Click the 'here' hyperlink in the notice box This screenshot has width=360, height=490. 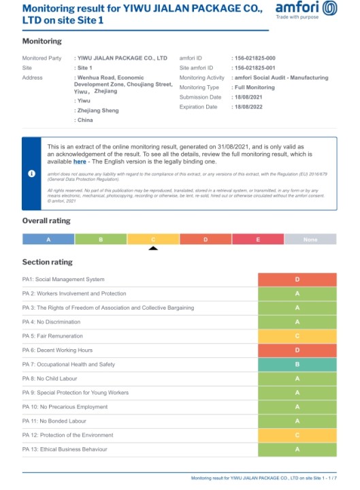point(80,161)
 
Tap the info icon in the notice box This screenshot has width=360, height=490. point(31,174)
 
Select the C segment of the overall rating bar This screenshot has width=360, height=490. point(153,239)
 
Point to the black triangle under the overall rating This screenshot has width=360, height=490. point(153,248)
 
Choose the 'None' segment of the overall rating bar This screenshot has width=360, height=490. point(310,239)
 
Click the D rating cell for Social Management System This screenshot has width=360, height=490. point(297,279)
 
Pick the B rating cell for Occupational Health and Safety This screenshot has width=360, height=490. point(297,364)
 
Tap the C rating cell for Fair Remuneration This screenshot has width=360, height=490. point(297,336)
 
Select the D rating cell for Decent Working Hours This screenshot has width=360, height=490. point(297,350)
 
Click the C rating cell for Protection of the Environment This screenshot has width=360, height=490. point(297,435)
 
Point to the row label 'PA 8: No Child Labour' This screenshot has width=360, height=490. point(52,378)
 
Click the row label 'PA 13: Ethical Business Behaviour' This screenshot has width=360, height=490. point(65,449)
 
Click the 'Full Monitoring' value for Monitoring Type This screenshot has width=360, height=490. point(255,88)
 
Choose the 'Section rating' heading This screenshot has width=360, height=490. point(47,262)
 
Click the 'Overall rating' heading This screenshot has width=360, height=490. point(46,220)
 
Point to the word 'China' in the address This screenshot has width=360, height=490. point(84,120)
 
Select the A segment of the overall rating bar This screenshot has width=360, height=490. point(48,239)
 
